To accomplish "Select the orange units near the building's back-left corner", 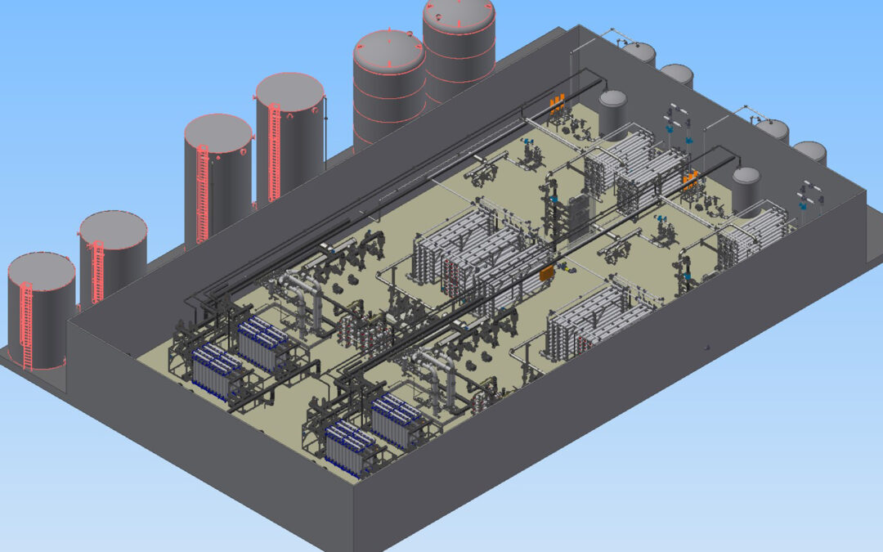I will [x=557, y=103].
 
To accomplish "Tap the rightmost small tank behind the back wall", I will [x=809, y=152].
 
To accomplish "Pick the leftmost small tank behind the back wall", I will [x=638, y=53].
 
